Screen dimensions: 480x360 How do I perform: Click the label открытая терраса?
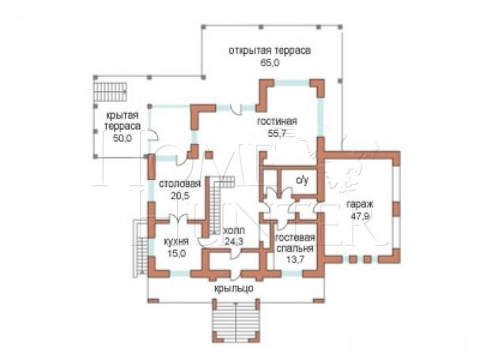click(x=270, y=51)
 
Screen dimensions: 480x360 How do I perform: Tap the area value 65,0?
click(x=270, y=63)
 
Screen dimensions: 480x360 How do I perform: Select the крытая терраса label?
click(x=123, y=121)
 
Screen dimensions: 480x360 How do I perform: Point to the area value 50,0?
click(x=123, y=138)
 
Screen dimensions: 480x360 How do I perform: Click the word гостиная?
click(x=277, y=121)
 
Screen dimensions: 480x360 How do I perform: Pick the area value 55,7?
click(x=277, y=133)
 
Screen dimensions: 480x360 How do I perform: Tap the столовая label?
click(x=180, y=184)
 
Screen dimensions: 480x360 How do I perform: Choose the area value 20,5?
click(x=180, y=195)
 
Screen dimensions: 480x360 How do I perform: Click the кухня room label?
click(x=176, y=242)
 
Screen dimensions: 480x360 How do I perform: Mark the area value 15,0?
click(x=176, y=253)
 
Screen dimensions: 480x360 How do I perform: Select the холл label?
click(x=235, y=230)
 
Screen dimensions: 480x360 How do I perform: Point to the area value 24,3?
click(x=234, y=241)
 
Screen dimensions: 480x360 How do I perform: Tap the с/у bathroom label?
click(x=302, y=180)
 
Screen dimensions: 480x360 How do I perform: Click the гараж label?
click(x=360, y=204)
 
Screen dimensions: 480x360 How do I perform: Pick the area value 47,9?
click(x=360, y=216)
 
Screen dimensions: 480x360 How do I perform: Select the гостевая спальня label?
click(x=295, y=243)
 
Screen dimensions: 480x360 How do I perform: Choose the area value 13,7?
click(x=295, y=260)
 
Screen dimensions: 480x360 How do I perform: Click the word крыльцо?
click(x=233, y=289)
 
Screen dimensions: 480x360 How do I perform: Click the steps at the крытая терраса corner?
click(x=110, y=92)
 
